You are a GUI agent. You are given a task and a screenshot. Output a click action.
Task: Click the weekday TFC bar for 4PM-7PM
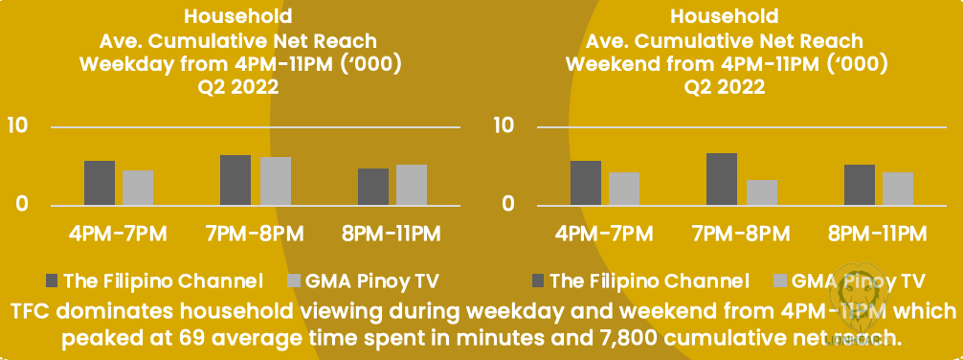100,183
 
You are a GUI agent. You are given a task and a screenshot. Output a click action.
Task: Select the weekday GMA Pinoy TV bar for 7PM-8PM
275,181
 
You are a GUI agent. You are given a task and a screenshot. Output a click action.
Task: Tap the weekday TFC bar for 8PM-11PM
372,186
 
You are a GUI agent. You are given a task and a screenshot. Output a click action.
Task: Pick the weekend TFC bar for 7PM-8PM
722,179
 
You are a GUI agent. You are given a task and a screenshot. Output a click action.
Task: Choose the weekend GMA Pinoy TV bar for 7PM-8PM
762,192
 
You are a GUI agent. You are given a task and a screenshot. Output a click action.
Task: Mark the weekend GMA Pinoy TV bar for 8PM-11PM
898,189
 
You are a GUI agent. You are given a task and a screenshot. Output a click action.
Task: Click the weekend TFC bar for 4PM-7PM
586,183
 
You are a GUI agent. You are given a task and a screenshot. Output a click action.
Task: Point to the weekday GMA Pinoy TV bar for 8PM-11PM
412,184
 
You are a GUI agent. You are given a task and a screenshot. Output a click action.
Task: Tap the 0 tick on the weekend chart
508,204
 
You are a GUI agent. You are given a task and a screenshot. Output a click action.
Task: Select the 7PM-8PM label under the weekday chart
253,234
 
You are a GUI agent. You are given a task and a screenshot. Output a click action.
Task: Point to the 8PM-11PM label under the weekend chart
877,234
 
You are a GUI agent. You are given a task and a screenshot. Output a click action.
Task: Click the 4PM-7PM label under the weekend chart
604,234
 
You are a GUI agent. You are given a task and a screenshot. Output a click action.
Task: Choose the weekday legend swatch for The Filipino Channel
52,281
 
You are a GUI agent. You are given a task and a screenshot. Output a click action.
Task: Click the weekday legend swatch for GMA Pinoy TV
294,281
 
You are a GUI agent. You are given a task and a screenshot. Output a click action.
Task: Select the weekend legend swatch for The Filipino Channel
537,281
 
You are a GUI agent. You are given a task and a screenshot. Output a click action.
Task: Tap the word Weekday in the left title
127,64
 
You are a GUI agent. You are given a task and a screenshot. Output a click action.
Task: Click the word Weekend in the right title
614,64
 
